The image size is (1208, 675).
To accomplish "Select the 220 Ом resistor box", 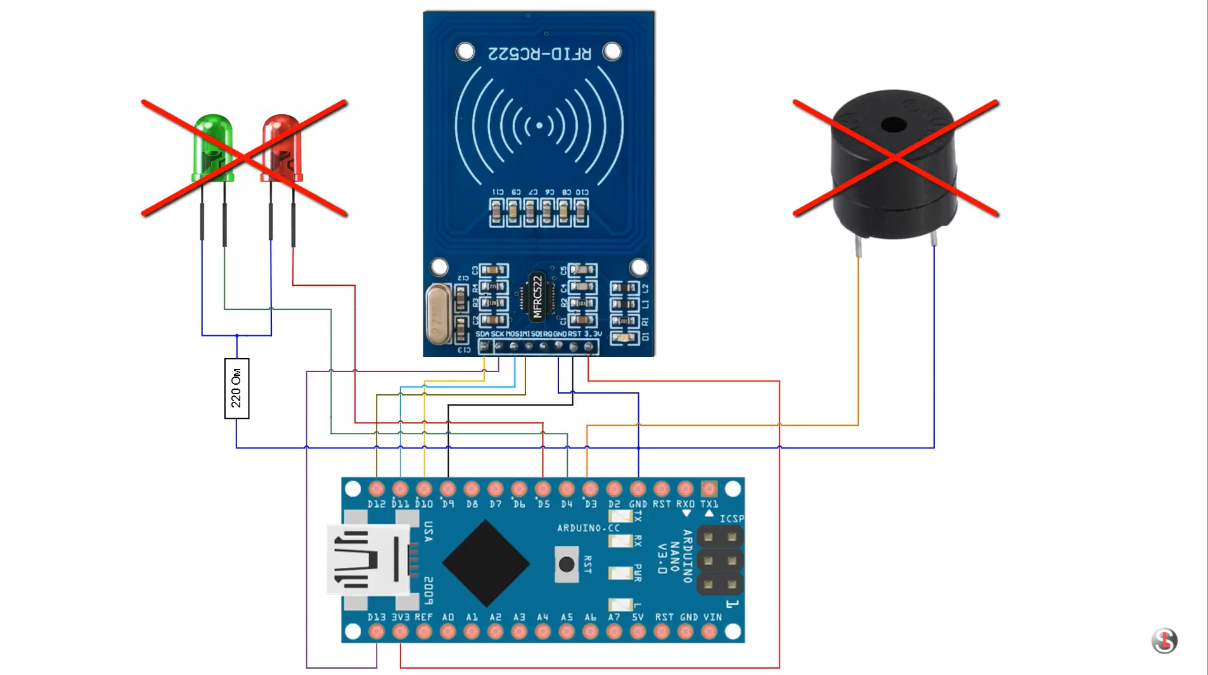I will pos(236,388).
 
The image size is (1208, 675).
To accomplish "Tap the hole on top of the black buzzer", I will pos(894,124).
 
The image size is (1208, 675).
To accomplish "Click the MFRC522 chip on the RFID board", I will pos(537,296).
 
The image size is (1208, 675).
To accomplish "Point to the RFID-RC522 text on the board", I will pos(539,54).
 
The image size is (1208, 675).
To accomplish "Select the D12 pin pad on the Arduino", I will pos(376,489).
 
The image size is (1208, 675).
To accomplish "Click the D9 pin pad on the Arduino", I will pos(448,489).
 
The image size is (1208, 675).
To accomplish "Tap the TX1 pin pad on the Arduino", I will pos(709,489).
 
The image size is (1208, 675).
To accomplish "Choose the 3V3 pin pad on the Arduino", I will pos(400,631).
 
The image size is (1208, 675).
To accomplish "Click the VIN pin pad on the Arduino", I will pos(709,631).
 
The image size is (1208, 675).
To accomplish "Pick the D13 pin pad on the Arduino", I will pos(376,631).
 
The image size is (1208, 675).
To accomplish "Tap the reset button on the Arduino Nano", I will pos(566,563).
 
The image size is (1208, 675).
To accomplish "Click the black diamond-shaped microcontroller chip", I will pos(486,563).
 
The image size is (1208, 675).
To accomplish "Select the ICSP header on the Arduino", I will pos(720,560).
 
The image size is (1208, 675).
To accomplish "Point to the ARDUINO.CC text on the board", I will pos(588,528).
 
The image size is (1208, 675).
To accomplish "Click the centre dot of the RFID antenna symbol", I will pos(539,125).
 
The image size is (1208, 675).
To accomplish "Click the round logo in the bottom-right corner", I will pos(1164,641).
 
